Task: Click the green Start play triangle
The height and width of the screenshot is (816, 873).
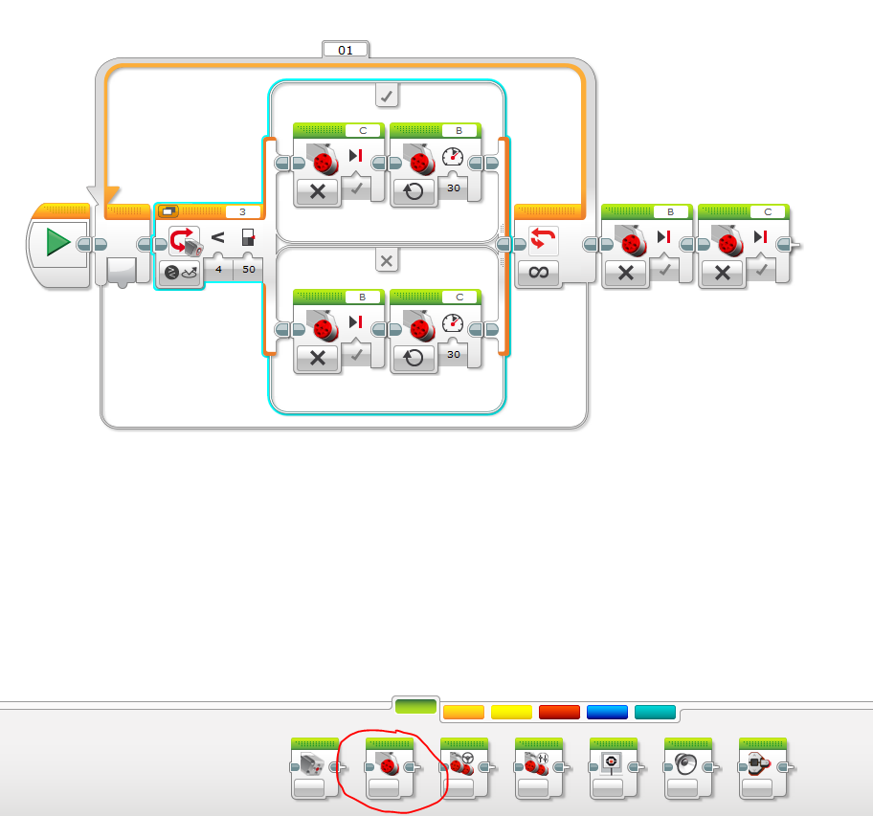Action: pos(57,243)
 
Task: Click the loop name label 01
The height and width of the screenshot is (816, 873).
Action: pos(345,49)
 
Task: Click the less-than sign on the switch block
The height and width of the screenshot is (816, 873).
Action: pos(217,238)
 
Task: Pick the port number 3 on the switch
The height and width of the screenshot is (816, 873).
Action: pos(243,211)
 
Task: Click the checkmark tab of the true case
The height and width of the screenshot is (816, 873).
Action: pos(387,95)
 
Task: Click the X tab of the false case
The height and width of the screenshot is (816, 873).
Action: pos(387,260)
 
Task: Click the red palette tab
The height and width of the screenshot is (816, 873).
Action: pos(559,712)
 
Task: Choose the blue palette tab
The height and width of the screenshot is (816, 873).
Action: pos(607,712)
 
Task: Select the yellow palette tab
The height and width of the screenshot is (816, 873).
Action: pos(511,712)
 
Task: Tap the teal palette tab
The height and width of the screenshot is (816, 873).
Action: pos(655,712)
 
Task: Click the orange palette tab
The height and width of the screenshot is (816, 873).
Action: pos(463,712)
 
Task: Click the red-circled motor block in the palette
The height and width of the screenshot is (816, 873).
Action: pos(389,767)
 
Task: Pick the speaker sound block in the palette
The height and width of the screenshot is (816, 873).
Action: pos(688,767)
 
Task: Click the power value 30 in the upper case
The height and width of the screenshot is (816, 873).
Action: pos(453,188)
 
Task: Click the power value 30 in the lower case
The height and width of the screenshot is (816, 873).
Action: pos(453,354)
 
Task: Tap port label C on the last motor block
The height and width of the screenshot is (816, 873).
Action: pos(768,212)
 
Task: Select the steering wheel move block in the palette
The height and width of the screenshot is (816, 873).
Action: pos(463,767)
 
